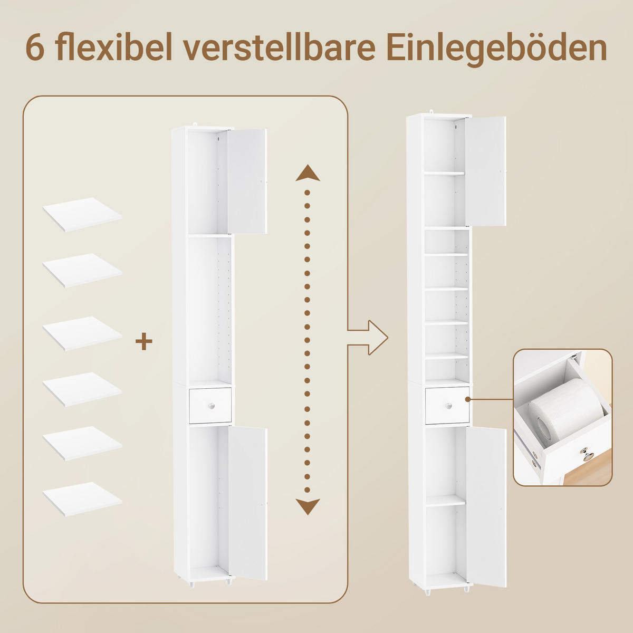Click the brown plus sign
(x=144, y=341)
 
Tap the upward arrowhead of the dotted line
(x=308, y=174)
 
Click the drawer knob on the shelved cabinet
(x=448, y=405)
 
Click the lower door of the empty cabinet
(x=247, y=503)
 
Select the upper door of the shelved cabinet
(x=485, y=171)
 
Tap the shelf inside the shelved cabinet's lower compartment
(x=445, y=501)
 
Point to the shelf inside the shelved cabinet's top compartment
(x=444, y=173)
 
